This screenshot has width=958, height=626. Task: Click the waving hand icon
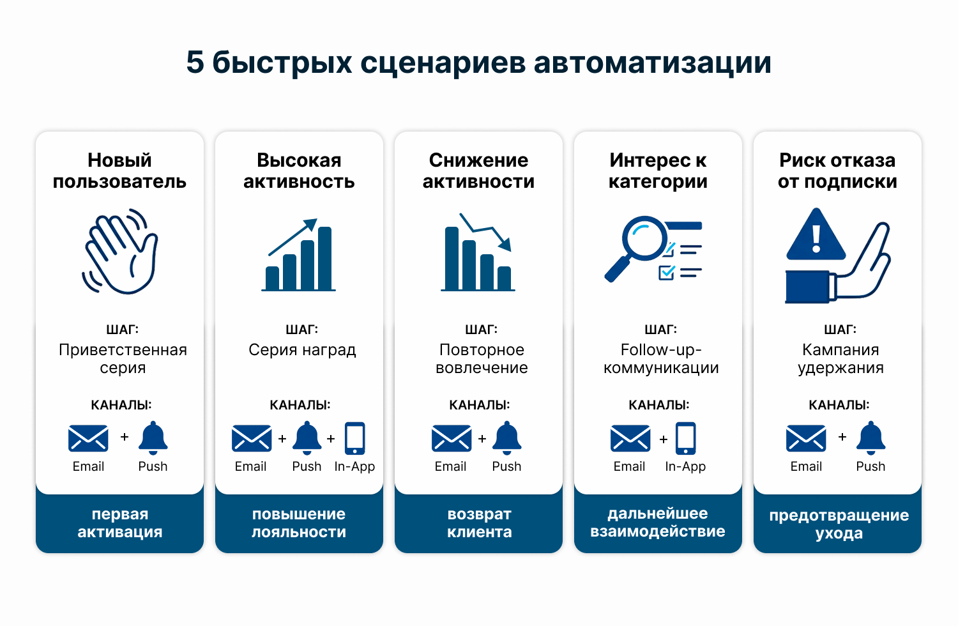(120, 252)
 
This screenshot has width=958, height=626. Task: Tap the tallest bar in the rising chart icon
(324, 258)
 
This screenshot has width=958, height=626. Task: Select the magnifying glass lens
(643, 238)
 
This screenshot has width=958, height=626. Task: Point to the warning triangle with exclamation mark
(816, 234)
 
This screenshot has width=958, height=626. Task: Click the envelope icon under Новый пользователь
(88, 438)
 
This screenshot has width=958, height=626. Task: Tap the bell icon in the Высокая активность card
(307, 438)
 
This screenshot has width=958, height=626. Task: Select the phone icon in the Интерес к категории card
(685, 438)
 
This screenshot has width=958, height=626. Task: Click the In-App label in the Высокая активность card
(354, 466)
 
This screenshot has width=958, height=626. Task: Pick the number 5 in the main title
(195, 63)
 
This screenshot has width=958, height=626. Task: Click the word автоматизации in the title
(653, 63)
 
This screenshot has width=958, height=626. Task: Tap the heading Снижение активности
(478, 171)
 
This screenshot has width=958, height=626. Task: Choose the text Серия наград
(302, 350)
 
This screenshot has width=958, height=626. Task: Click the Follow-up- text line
(661, 349)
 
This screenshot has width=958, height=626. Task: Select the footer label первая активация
(120, 523)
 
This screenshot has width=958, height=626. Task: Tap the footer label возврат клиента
(479, 523)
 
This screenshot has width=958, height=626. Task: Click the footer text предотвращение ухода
(839, 524)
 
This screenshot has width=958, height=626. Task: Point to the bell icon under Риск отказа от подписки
(871, 438)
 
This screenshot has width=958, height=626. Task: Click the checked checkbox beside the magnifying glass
(666, 272)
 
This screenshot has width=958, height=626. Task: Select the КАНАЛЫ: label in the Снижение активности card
(480, 405)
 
